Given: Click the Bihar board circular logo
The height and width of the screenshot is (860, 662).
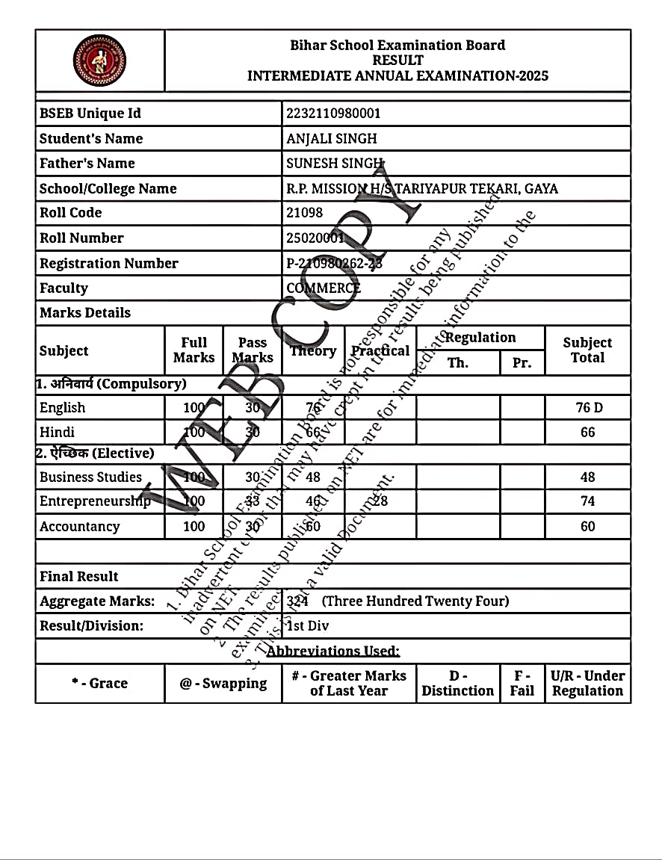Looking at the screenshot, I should [x=99, y=61].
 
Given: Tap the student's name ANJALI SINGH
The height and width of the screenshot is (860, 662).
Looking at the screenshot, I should [x=331, y=138].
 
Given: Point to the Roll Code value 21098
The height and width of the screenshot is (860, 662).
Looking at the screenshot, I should [x=305, y=213].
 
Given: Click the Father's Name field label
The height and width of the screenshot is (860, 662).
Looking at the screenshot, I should [x=87, y=163].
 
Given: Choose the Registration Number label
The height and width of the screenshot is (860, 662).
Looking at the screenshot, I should [x=108, y=263].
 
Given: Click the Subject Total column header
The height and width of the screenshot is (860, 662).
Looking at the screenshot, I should [x=587, y=350].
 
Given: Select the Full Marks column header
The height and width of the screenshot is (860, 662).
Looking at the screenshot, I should [x=194, y=350].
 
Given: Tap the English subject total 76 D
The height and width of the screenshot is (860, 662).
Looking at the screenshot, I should [x=588, y=407].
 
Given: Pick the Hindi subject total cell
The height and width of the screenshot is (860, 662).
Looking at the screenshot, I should [x=588, y=432].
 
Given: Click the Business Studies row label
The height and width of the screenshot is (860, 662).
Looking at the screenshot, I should [x=90, y=477].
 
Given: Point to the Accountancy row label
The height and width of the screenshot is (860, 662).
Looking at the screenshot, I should [x=79, y=526].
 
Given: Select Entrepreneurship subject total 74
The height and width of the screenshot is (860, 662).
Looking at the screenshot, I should [x=588, y=501].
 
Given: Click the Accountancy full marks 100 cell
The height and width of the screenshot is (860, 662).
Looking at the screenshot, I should [x=194, y=526].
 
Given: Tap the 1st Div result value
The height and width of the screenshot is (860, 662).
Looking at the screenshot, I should [x=308, y=625].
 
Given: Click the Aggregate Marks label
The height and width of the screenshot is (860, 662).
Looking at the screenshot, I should [x=97, y=601].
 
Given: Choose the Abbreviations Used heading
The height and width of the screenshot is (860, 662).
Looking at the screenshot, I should [x=332, y=651].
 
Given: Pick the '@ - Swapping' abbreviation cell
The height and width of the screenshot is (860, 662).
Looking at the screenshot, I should [x=223, y=683].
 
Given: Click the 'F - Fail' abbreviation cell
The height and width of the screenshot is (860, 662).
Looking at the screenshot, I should [x=522, y=683].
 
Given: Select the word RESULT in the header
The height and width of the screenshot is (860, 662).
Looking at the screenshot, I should [x=397, y=60].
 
